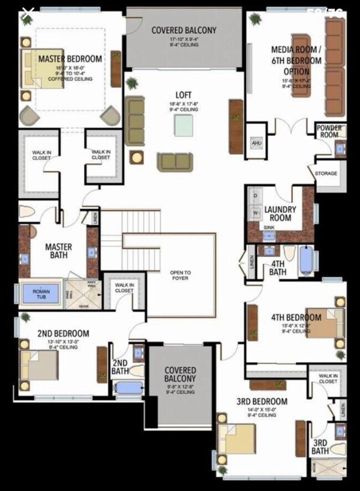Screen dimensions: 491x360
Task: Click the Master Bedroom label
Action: (x=70, y=59)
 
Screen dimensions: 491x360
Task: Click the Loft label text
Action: (x=184, y=95)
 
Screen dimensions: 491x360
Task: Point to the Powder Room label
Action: (x=329, y=131)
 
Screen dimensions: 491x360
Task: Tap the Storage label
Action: (x=326, y=173)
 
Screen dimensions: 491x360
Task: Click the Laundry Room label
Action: (x=280, y=213)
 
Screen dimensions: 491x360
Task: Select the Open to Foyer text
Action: (x=181, y=275)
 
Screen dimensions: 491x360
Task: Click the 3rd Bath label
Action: (x=320, y=447)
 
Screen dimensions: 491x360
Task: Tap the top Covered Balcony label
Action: (x=184, y=30)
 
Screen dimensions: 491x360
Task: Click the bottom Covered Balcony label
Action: (x=180, y=374)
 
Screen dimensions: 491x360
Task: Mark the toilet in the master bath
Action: (x=27, y=211)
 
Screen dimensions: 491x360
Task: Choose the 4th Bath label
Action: (x=277, y=268)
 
